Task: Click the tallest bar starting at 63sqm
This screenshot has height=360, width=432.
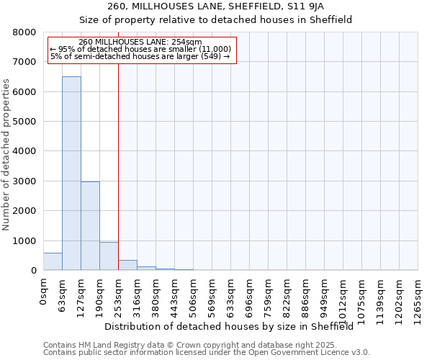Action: click(x=71, y=173)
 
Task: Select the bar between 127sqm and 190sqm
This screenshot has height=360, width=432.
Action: click(x=90, y=226)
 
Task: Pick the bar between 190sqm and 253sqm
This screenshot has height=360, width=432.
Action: click(x=109, y=256)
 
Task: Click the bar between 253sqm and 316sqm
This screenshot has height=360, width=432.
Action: click(x=127, y=265)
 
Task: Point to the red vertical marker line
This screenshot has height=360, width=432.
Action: click(x=118, y=158)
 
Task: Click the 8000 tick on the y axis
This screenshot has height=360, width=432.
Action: click(x=24, y=32)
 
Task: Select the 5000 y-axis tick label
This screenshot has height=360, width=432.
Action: click(x=24, y=122)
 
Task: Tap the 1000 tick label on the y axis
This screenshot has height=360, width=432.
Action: click(x=24, y=240)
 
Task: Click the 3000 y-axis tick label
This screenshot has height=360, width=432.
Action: click(x=24, y=181)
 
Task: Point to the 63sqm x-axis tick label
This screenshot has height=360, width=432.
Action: click(x=63, y=294)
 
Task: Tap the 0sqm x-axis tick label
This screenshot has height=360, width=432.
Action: click(x=44, y=292)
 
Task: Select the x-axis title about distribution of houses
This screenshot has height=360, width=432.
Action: click(x=234, y=326)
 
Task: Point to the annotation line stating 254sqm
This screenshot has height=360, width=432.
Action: click(x=140, y=42)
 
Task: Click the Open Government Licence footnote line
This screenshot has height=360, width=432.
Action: click(x=207, y=352)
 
